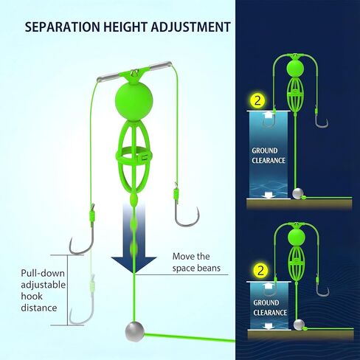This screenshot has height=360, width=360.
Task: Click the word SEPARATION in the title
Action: point(63,27)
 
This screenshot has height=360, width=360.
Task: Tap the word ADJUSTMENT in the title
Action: point(190,27)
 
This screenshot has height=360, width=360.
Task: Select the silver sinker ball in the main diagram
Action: point(134,330)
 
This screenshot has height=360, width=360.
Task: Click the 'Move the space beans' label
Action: point(196,262)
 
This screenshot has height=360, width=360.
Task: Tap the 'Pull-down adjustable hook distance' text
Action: point(43,291)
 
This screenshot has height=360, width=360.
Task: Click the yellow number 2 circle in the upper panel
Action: point(257,101)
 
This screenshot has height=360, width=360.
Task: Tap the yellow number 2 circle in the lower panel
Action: point(260,271)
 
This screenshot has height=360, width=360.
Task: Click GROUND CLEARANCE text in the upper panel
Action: point(269,156)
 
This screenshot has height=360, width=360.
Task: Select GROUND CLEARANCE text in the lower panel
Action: point(270,308)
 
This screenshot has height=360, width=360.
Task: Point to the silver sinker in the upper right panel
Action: point(298,193)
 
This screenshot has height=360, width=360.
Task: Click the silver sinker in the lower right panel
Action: point(299,325)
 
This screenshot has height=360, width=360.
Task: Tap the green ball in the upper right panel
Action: point(295,69)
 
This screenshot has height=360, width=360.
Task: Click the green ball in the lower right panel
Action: point(297,238)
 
